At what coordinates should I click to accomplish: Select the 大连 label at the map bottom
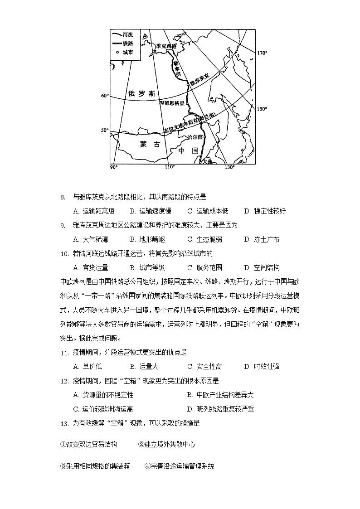[207, 161]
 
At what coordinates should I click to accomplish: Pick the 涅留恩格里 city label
[173, 103]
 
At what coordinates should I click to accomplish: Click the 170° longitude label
[262, 53]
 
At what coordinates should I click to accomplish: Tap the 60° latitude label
[105, 96]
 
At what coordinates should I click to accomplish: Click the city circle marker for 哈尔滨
[204, 137]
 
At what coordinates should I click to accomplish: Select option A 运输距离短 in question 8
[93, 211]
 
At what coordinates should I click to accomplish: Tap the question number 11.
[64, 353]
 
